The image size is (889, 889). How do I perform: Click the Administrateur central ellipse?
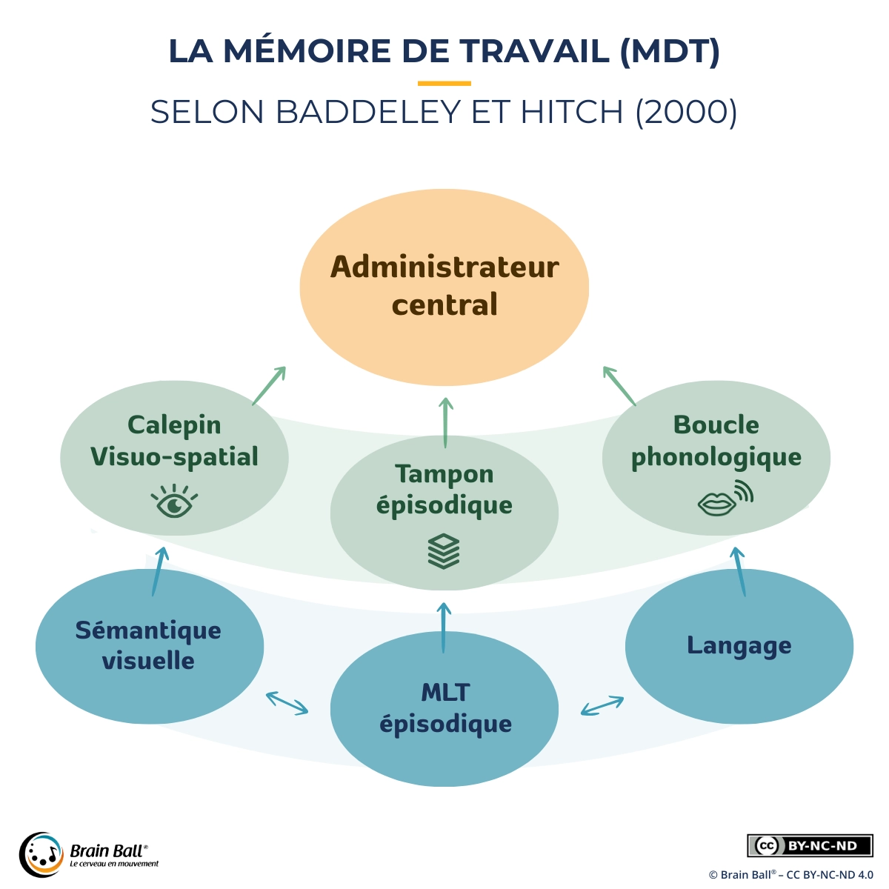click(444, 287)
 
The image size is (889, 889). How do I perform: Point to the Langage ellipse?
click(739, 646)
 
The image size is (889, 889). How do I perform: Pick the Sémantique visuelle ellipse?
click(149, 647)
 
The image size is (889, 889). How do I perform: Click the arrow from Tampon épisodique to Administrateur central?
click(445, 423)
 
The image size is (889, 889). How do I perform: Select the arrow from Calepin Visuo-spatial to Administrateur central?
click(269, 385)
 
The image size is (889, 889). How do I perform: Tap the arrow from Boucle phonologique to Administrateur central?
click(619, 386)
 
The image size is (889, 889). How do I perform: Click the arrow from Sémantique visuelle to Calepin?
click(159, 571)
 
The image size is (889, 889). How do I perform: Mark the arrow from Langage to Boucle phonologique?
click(739, 571)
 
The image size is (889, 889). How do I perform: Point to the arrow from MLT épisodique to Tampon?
click(444, 627)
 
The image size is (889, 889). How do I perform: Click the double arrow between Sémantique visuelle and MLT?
click(287, 703)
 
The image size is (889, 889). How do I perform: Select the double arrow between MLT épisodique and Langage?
click(602, 705)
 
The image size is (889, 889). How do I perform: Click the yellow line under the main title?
click(444, 83)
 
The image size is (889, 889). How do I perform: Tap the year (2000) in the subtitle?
click(686, 113)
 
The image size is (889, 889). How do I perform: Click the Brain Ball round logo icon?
click(41, 853)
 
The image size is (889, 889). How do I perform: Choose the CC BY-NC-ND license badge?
click(810, 845)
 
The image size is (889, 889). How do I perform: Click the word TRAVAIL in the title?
click(534, 51)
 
